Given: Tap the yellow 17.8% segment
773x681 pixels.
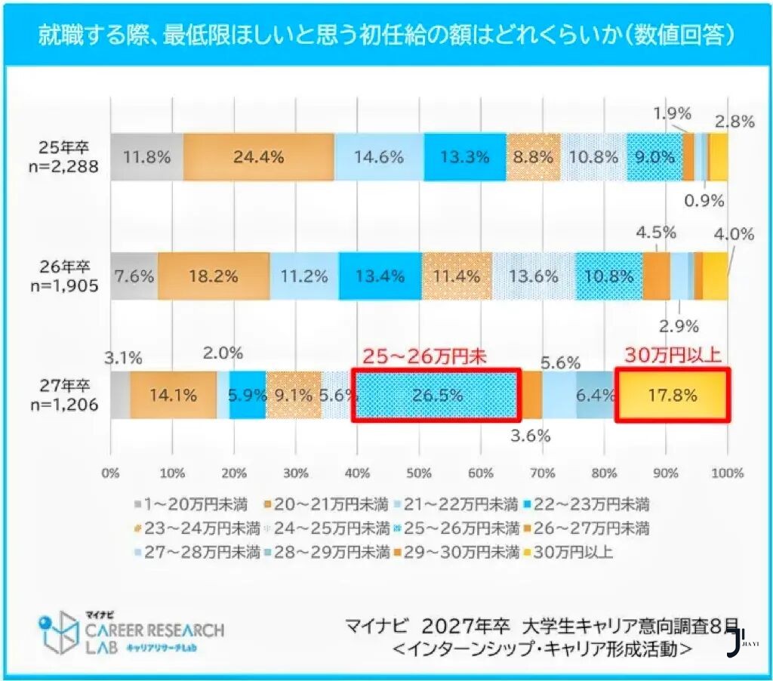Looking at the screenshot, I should point(672,395).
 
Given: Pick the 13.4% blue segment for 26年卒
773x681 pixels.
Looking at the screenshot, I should point(380,276).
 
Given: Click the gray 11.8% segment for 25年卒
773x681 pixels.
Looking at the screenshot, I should point(146,157).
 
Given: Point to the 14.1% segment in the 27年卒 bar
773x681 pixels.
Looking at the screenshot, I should point(173,395).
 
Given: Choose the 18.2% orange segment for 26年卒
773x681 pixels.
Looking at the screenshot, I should point(213,276).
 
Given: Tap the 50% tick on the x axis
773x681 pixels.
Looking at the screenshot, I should point(419,473).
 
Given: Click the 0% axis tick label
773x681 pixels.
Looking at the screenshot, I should point(111,473).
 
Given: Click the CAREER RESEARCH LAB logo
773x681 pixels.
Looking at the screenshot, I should point(132,630).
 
